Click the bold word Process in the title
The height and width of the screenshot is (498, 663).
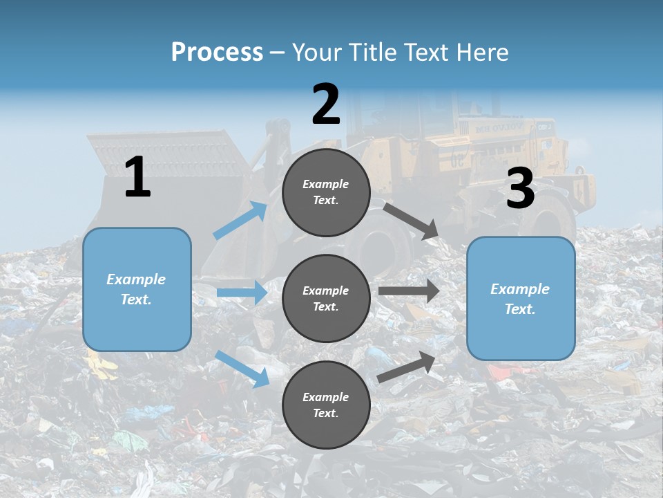click(x=217, y=52)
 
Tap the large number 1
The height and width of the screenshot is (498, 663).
click(x=137, y=177)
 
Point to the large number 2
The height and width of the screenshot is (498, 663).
click(x=326, y=104)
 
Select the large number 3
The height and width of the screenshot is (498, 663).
click(x=520, y=189)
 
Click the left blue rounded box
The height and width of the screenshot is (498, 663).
click(x=137, y=289)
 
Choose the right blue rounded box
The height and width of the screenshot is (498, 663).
click(x=521, y=299)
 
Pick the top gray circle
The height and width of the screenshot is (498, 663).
click(x=326, y=192)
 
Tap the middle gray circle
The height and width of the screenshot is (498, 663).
click(x=326, y=299)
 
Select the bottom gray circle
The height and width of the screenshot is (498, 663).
click(x=326, y=405)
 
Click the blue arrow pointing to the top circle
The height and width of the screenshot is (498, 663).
click(x=240, y=221)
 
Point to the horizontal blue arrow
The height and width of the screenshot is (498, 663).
click(x=242, y=293)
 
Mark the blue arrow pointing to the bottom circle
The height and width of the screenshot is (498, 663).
click(x=242, y=368)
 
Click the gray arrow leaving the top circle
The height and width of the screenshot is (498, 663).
click(x=411, y=221)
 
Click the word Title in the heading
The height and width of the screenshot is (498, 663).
click(x=373, y=52)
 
